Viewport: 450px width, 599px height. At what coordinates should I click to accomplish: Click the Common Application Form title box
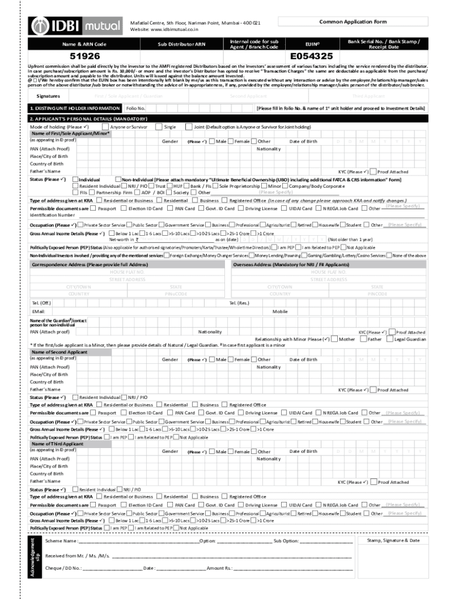pos(352,22)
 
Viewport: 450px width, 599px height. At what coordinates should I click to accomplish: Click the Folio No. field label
pos(136,108)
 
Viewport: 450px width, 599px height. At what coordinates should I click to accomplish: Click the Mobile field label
pos(280,311)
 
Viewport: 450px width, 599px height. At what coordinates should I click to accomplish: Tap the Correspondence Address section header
pos(89,264)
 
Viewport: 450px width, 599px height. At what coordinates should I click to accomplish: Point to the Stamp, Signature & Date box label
pos(393,541)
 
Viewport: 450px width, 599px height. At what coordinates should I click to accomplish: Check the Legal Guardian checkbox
pos(390,339)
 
